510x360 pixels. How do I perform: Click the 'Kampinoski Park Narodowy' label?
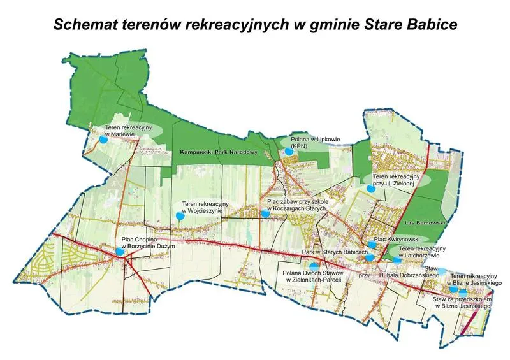click(209, 153)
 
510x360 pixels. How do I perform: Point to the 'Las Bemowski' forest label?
click(422, 224)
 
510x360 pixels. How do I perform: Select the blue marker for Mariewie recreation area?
click(103, 142)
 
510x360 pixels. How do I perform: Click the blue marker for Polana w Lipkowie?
click(289, 152)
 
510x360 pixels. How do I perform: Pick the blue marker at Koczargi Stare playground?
click(265, 215)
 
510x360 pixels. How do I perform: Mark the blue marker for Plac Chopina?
click(120, 252)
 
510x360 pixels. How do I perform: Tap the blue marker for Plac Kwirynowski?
click(372, 245)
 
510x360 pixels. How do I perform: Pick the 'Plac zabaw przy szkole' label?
click(296, 204)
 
